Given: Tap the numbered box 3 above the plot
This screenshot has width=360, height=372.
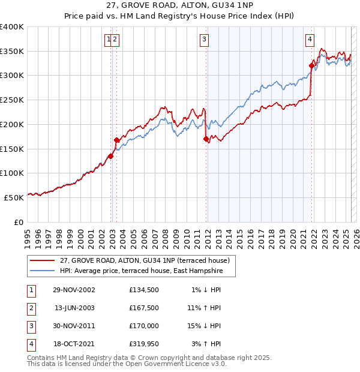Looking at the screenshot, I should point(205,40).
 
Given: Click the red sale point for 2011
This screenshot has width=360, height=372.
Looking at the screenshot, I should point(206,139).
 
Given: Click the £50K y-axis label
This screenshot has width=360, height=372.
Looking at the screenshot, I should point(14,197).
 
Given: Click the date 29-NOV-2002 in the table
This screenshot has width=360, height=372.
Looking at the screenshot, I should point(74,290).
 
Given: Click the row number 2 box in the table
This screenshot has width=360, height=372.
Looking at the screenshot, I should point(31,308).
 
